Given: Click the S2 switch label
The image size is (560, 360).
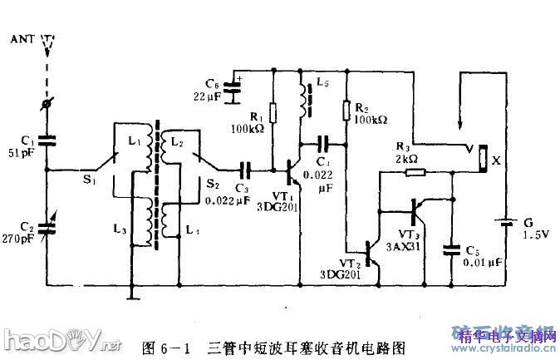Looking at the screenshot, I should (x=213, y=184).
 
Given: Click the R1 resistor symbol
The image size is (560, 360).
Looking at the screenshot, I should (x=275, y=112).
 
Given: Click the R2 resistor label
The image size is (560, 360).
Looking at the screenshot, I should (x=362, y=108).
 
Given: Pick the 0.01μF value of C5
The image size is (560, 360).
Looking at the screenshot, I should (x=484, y=264).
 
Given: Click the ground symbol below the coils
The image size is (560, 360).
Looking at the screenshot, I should (x=130, y=292).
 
